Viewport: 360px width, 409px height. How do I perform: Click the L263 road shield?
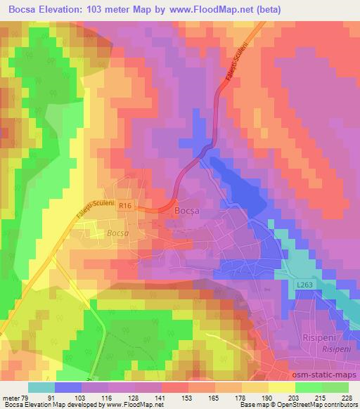click(304, 284)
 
